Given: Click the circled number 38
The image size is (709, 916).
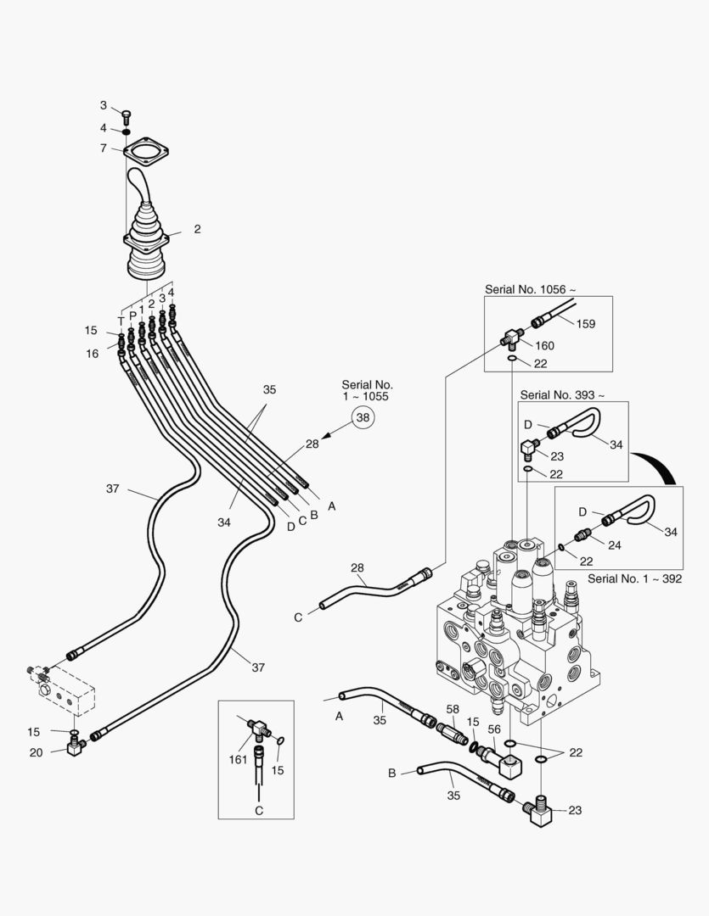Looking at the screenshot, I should point(363,417).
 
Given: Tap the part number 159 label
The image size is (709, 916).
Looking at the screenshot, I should point(587,323).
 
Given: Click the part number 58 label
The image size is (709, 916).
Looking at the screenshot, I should point(453,708).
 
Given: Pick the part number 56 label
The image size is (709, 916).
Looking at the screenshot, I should point(492,728).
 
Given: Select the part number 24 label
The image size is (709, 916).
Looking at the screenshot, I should point(614,545).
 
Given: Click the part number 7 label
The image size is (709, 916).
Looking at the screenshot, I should point(103,148).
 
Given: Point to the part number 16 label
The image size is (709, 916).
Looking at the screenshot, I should point(91,354).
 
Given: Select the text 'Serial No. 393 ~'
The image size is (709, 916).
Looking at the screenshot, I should point(563,394).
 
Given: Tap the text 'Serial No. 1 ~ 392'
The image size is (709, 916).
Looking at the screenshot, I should point(634,579).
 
